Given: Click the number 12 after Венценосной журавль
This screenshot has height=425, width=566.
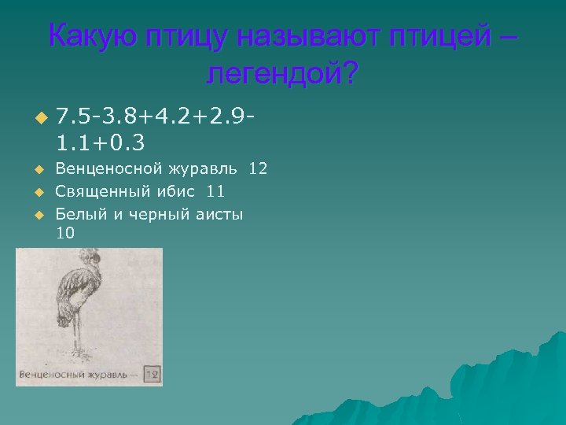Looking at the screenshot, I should tap(258, 168).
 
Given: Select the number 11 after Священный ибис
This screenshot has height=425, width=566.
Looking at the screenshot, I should tap(215, 190).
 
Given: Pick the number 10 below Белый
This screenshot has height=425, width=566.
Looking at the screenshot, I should tap(67, 232).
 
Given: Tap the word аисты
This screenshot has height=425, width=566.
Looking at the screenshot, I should tap(221, 213).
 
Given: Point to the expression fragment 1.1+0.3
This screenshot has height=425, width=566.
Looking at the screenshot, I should tap(101, 143).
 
